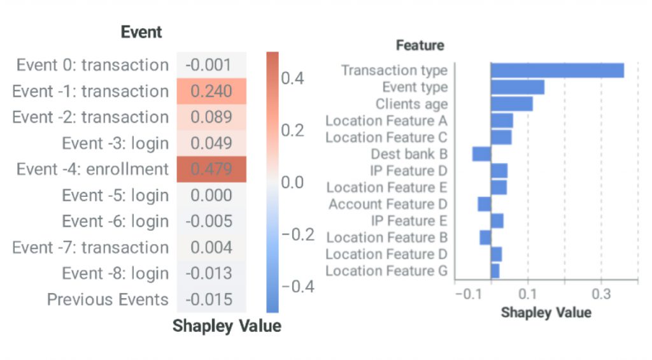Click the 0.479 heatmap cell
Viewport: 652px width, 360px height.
(x=211, y=169)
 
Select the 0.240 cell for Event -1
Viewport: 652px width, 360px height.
(x=211, y=91)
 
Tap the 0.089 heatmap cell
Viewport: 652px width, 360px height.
(x=211, y=117)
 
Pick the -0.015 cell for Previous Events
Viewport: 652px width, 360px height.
(x=211, y=300)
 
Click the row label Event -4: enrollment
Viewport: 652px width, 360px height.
(x=92, y=169)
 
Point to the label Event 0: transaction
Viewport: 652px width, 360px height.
(x=92, y=65)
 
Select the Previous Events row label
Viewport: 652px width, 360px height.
(x=108, y=300)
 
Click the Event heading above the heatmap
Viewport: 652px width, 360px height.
(x=141, y=32)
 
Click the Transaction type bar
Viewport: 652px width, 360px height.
(x=557, y=70)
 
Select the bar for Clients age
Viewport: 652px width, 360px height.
(x=511, y=103)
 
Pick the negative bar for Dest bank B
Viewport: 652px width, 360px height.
(x=481, y=154)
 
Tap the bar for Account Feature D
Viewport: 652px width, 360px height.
(x=485, y=204)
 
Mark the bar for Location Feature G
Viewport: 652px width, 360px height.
(x=495, y=271)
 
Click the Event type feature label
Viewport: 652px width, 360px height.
(x=415, y=87)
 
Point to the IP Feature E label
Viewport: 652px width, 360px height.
(x=409, y=221)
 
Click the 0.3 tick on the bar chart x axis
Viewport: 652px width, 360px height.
(x=600, y=295)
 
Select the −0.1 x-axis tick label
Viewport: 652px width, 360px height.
(x=468, y=295)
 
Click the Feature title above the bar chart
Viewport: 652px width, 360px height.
(x=420, y=45)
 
